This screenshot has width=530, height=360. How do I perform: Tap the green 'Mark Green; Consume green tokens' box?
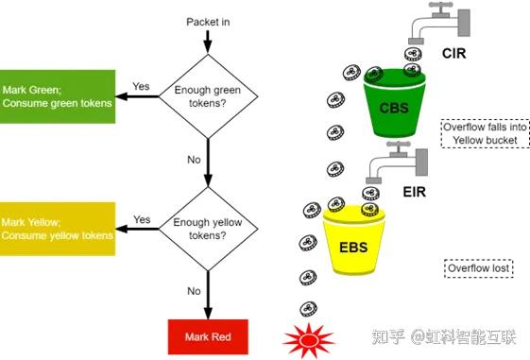(x=57, y=96)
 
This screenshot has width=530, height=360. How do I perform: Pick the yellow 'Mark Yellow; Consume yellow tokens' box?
(x=57, y=228)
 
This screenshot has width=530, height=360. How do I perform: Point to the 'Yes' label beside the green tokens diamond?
(x=141, y=86)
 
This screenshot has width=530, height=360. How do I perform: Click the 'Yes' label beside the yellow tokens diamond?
(x=142, y=219)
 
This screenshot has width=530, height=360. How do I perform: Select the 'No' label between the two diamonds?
(x=194, y=160)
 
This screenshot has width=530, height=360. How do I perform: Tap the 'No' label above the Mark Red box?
(x=194, y=291)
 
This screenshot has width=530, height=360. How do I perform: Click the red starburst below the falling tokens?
(x=309, y=336)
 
